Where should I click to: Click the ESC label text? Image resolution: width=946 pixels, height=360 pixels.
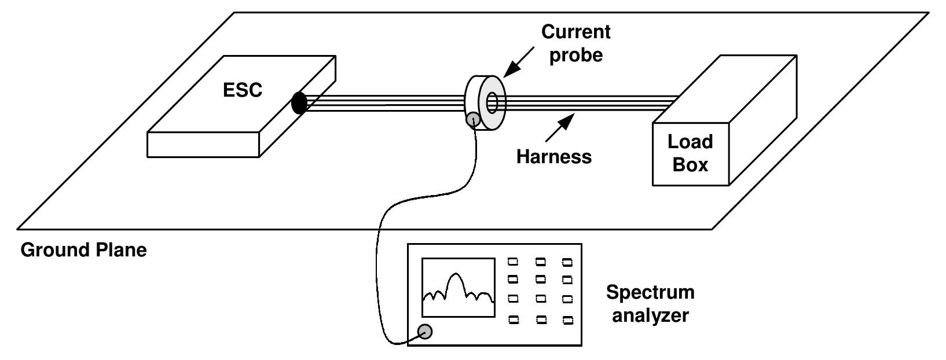click(243, 90)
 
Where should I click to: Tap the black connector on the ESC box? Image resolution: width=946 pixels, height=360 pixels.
click(299, 103)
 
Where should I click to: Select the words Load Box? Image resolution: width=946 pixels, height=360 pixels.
click(690, 153)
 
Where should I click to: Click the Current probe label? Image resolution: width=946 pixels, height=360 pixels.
click(575, 43)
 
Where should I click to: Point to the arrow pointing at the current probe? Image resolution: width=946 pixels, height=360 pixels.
click(520, 63)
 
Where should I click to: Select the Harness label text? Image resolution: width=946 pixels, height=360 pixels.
click(554, 157)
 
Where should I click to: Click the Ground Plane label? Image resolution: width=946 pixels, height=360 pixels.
click(84, 250)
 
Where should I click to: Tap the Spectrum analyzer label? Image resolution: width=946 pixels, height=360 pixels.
click(650, 303)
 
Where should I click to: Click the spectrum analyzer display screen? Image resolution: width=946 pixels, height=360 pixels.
click(458, 287)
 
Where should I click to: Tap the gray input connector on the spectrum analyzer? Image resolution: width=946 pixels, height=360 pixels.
click(426, 331)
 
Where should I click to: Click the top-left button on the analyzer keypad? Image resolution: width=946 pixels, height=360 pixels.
click(512, 262)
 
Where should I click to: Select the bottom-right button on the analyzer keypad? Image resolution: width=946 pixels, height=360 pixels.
click(567, 319)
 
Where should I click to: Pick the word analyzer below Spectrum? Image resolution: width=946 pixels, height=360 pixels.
click(651, 315)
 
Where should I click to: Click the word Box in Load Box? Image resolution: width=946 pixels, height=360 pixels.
click(690, 164)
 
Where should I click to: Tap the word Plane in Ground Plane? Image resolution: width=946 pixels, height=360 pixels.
click(120, 250)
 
